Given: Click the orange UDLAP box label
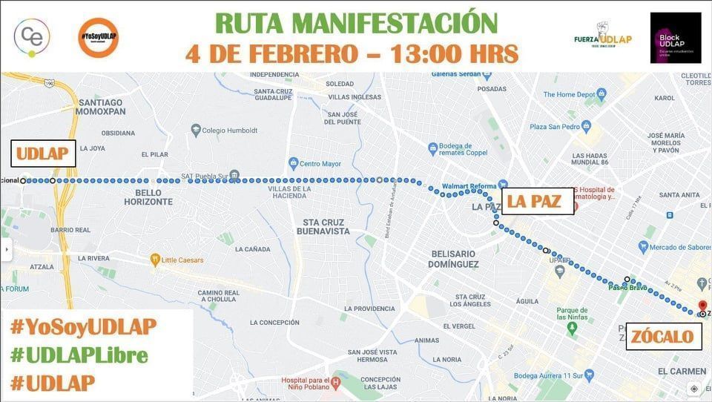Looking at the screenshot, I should pos(43,154).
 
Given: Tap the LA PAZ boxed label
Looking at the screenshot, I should pos(538,201).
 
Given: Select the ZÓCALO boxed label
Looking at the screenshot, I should pos(664,337).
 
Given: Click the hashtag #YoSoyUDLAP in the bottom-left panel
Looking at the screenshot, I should pos(83,326).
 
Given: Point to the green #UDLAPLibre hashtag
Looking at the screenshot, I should pos(79,355).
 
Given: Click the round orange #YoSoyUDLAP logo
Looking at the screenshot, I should pos(98,37).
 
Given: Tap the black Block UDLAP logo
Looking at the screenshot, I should pos(675,37).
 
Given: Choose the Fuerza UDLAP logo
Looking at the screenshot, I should pos(602,38).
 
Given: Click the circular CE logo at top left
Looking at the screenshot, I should pos(32,36).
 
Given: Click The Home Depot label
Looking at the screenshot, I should pos(574,94).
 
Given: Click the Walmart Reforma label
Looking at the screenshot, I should pos(469,185).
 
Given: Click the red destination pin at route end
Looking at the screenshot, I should pos(702,306).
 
